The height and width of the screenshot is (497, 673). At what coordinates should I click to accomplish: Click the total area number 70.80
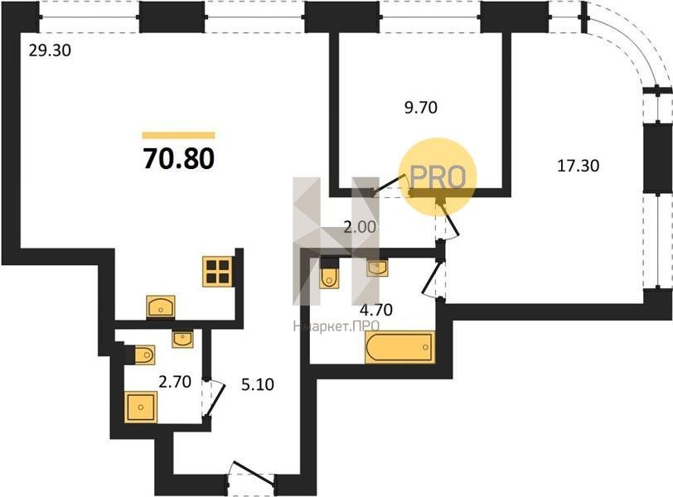pos(178,158)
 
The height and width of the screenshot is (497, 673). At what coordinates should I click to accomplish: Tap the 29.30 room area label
pos(50,51)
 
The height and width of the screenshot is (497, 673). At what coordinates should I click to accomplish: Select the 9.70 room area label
pos(421,107)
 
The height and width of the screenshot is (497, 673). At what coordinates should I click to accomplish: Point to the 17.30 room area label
pos(579,165)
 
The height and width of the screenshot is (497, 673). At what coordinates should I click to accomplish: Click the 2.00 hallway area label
pos(360,226)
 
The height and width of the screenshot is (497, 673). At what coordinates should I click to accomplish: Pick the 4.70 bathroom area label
pos(376,309)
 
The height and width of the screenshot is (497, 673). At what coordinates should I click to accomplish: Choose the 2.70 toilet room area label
pos(175,381)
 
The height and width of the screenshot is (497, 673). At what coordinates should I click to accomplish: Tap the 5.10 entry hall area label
pos(258,384)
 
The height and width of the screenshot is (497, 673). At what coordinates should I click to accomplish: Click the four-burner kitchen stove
pos(218,272)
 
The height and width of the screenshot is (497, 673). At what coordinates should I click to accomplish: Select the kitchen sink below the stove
pos(161,306)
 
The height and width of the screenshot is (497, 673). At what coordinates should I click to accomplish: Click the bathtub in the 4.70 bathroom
pos(399,347)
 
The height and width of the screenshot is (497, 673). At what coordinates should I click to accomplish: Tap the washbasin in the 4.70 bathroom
pos(377,268)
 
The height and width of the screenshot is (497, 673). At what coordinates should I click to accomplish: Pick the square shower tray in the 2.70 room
pos(141,407)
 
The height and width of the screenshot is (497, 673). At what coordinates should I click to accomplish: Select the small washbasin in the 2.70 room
pos(182,339)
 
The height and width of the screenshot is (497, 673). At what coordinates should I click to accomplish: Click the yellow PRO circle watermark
pos(438,176)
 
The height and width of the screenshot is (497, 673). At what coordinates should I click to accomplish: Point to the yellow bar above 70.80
pos(178,136)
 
